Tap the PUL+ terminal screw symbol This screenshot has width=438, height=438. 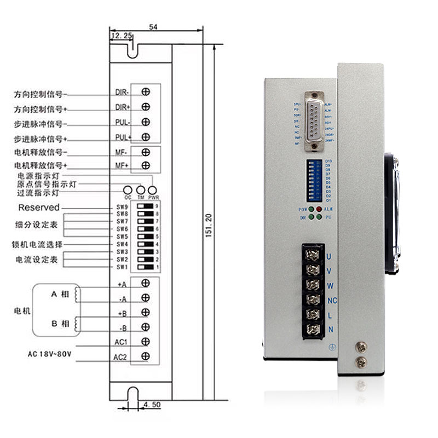coord(146,136)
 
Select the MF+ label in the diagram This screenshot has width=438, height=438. coord(122,165)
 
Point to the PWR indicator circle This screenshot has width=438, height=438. coord(153,189)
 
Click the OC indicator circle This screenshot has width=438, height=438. coord(128,189)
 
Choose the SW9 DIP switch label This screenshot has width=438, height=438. coord(122,207)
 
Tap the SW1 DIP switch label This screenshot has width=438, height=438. coord(122,267)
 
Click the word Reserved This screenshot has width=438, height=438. coord(39,208)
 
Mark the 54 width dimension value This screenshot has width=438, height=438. coord(153,26)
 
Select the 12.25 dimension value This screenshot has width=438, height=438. coord(121,36)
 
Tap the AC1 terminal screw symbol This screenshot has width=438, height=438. coord(146,342)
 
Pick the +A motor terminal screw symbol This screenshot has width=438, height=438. coord(146,283)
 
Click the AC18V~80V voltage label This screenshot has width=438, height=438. coord(50,354)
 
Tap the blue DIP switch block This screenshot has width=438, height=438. coord(314,180)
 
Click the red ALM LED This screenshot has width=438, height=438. coord(319,210)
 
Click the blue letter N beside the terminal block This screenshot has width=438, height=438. coord(331,329)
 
